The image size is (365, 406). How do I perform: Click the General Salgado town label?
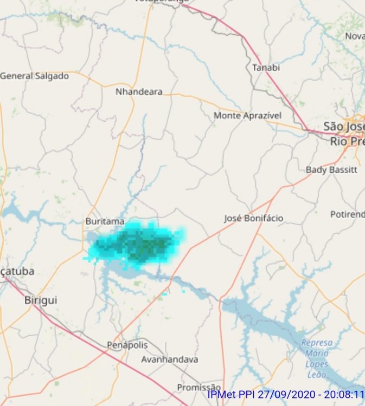(x=35, y=76)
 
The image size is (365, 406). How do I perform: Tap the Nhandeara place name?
(x=139, y=92)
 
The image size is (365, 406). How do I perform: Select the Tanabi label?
(x=266, y=68)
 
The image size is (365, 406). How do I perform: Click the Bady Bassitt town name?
(x=331, y=169)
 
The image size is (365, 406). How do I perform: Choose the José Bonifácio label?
(x=253, y=219)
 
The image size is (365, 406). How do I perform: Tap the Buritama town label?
(x=105, y=221)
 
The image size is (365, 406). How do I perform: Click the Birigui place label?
(x=41, y=300)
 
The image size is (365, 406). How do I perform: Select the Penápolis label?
(x=127, y=344)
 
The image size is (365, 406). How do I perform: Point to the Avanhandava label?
(x=169, y=359)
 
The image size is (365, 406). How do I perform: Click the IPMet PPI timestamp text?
(x=285, y=395)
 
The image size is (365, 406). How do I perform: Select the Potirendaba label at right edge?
(x=347, y=214)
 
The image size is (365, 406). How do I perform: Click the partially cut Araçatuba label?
(x=17, y=271)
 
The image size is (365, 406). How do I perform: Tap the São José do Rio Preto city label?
(x=343, y=133)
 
